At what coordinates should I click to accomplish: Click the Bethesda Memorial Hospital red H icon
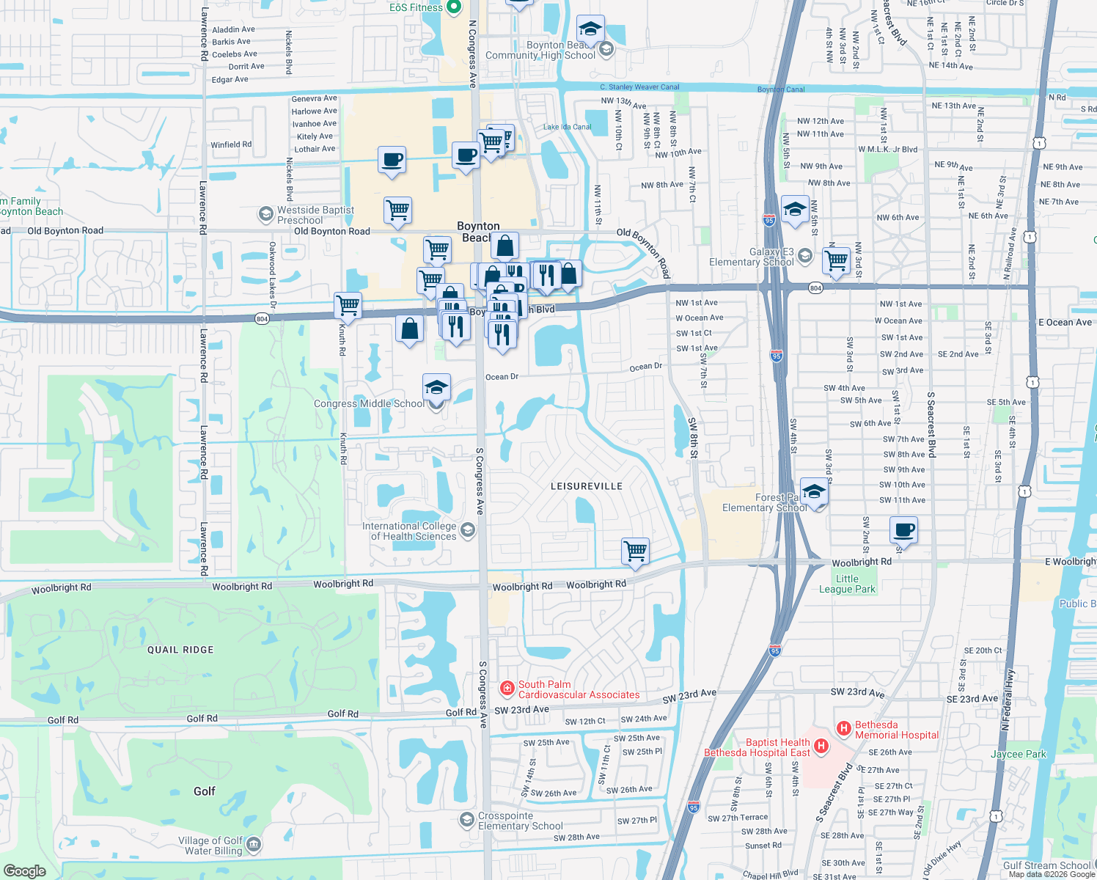pyautogui.click(x=844, y=729)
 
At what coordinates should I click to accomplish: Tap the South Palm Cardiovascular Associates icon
pyautogui.click(x=507, y=689)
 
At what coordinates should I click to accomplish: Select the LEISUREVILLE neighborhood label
pyautogui.click(x=586, y=486)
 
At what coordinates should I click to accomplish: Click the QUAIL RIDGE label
pyautogui.click(x=180, y=650)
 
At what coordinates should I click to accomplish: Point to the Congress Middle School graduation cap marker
pyautogui.click(x=436, y=387)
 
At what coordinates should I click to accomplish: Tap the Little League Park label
pyautogui.click(x=847, y=584)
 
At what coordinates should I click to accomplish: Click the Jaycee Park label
pyautogui.click(x=1018, y=754)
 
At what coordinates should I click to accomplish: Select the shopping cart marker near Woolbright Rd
pyautogui.click(x=635, y=550)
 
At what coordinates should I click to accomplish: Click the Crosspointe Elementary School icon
pyautogui.click(x=466, y=819)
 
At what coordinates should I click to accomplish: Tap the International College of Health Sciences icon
pyautogui.click(x=467, y=529)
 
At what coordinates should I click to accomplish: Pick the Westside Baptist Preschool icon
pyautogui.click(x=265, y=213)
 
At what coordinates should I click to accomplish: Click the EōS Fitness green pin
pyautogui.click(x=453, y=7)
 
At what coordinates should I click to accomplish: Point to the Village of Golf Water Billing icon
pyautogui.click(x=253, y=845)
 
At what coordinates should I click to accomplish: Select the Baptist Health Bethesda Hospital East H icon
pyautogui.click(x=821, y=747)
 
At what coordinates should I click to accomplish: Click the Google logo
pyautogui.click(x=25, y=870)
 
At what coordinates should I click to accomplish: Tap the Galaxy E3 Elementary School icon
pyautogui.click(x=805, y=255)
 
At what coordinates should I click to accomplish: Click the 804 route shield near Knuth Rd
pyautogui.click(x=262, y=319)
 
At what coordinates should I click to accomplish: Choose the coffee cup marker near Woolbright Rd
pyautogui.click(x=904, y=529)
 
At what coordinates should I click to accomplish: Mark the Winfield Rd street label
pyautogui.click(x=231, y=144)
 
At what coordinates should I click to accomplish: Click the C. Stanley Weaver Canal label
pyautogui.click(x=639, y=87)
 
